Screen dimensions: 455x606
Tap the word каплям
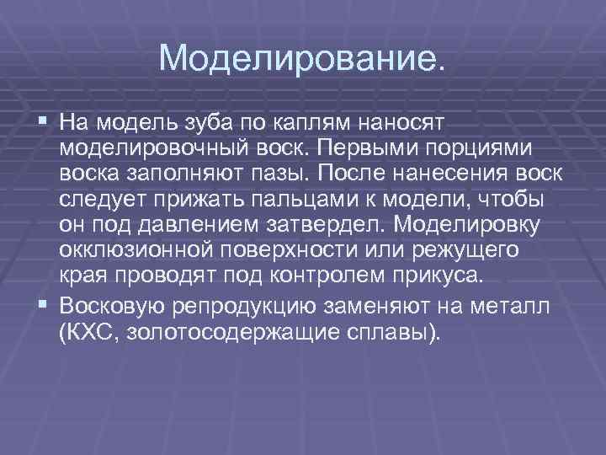(x=323, y=124)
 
